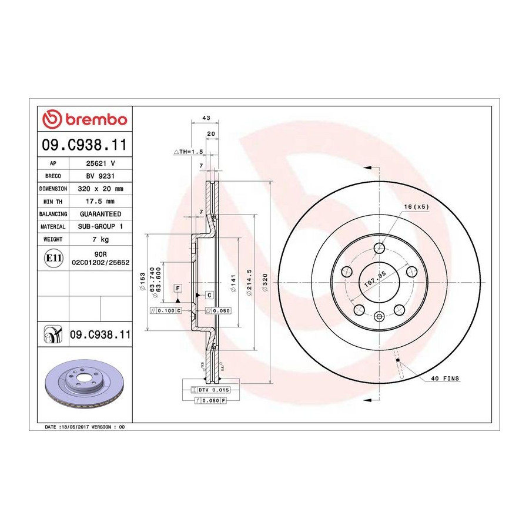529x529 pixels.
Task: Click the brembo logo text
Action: tap(96, 119)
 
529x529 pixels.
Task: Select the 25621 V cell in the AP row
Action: tap(101, 163)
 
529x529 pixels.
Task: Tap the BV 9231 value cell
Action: tap(101, 176)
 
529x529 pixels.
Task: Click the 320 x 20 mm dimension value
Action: tap(101, 189)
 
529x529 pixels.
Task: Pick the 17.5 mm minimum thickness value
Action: tap(101, 202)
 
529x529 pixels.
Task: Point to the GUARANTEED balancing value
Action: tap(101, 214)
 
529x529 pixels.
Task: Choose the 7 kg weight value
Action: tap(101, 239)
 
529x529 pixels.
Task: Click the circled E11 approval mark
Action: tap(53, 258)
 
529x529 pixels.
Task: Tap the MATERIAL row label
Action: tap(53, 227)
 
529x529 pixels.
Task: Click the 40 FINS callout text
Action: tap(445, 379)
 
